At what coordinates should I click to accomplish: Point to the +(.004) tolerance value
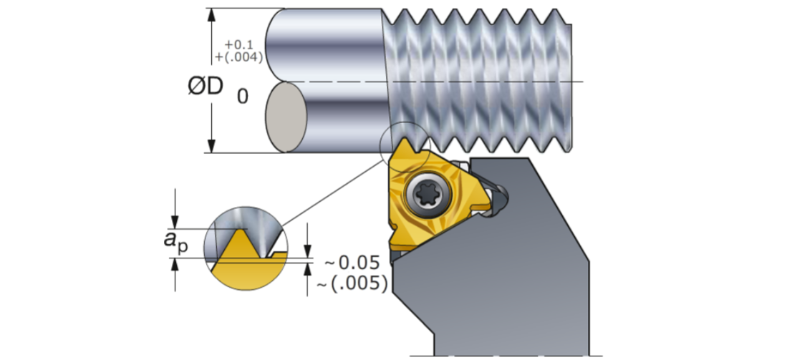238,56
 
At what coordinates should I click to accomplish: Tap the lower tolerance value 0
243,96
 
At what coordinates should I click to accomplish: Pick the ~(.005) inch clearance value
352,283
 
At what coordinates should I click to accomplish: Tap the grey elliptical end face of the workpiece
285,116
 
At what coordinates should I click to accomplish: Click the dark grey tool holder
516,272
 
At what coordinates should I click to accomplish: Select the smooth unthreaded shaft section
337,79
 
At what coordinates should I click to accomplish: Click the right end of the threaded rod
569,79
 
